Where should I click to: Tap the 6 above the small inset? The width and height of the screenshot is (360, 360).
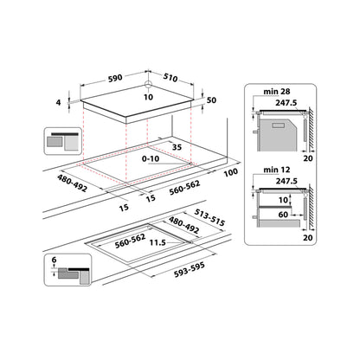[x=54, y=260]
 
